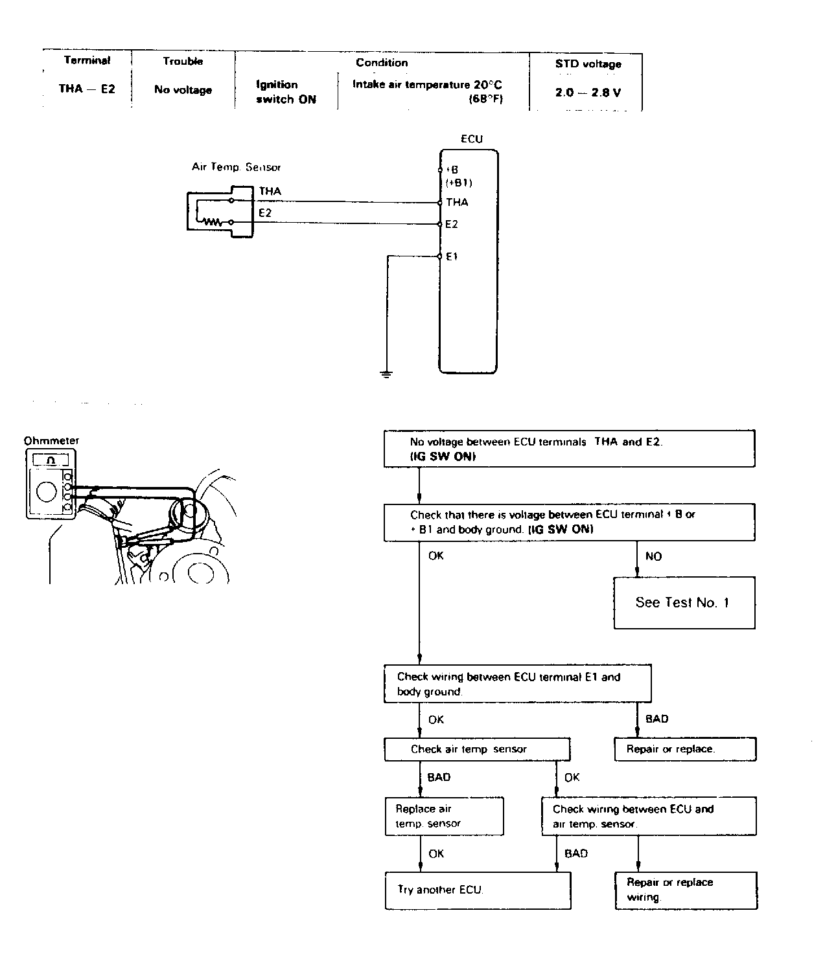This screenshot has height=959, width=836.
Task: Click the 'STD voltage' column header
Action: pos(588,63)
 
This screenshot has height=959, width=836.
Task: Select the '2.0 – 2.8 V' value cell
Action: pos(588,93)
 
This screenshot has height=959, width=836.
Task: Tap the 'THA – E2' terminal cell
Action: pos(87,89)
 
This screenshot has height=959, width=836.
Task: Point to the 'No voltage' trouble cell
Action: pos(183,89)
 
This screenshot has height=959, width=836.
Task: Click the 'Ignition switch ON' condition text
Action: pos(286,92)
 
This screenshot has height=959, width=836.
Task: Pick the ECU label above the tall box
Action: pos(472,139)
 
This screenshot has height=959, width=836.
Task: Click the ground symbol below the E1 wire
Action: pos(386,374)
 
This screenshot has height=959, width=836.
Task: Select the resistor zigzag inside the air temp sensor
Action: pos(213,221)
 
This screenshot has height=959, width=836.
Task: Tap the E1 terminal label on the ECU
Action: pos(451,256)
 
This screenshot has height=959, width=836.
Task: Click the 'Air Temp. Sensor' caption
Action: pos(236,167)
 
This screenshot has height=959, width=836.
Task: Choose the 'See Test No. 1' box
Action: pos(684,603)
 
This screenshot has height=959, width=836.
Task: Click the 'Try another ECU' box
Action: pos(478,890)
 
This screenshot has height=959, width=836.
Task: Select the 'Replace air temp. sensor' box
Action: pos(445,816)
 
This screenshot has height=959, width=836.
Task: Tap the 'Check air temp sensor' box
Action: pos(477,749)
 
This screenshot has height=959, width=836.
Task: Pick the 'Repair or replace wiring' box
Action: pos(686,890)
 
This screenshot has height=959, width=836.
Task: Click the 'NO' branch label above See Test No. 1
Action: pos(653,556)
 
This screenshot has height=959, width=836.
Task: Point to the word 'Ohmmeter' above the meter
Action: pos(51,440)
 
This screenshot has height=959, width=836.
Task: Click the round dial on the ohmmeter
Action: pos(47,491)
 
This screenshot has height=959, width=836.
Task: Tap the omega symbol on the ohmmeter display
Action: pos(51,460)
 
